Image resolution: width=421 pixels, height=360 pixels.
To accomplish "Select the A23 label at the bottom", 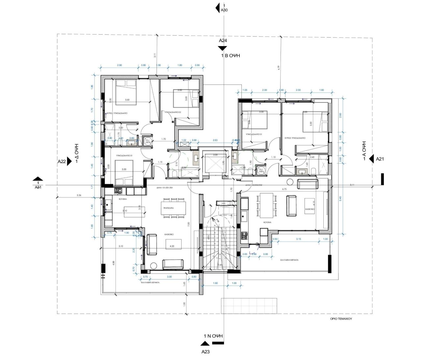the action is pos(206,351).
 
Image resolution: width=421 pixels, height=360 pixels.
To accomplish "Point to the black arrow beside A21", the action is pos(371,159).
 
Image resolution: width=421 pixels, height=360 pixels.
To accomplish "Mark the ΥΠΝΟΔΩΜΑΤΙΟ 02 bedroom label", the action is pos(173,113).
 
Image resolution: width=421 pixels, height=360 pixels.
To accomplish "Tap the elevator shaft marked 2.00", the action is pos(215,163).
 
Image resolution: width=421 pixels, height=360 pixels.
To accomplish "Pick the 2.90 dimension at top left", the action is pos(119,65).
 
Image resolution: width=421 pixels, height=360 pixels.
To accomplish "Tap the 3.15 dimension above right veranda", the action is pos(299,239).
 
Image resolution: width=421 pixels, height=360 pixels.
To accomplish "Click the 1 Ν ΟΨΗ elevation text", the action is pos(213,336).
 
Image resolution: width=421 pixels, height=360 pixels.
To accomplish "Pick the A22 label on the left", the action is pos(62,161).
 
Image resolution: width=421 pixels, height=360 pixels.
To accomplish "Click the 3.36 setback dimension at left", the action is pos(79,195).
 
